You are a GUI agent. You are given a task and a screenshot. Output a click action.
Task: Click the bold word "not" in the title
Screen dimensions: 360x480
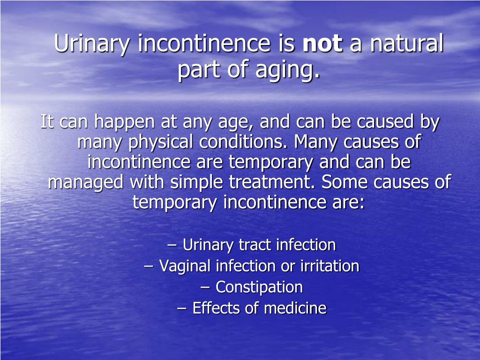pyautogui.click(x=323, y=45)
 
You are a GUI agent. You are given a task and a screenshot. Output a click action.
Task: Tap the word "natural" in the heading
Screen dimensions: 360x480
pyautogui.click(x=406, y=45)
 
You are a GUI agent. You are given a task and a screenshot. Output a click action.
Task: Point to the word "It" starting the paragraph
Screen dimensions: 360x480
pyautogui.click(x=47, y=122)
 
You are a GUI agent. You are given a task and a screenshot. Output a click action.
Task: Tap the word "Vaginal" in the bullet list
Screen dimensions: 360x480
pyautogui.click(x=186, y=266)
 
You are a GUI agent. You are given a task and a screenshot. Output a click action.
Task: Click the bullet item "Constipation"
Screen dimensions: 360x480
pyautogui.click(x=259, y=287)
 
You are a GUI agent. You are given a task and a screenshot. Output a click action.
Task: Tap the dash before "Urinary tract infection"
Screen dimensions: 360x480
pyautogui.click(x=172, y=245)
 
